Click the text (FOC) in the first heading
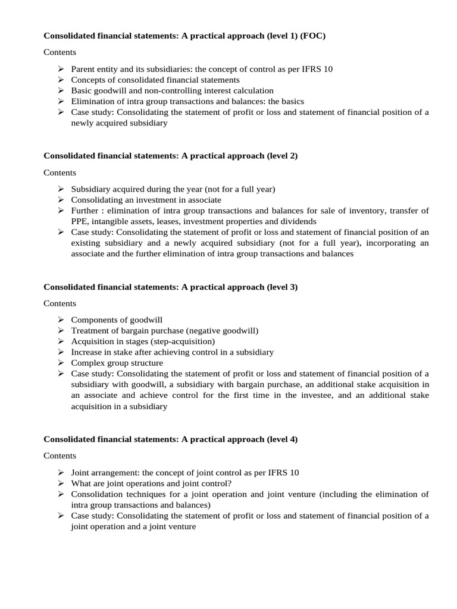pyautogui.click(x=313, y=36)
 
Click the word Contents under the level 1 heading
pyautogui.click(x=60, y=52)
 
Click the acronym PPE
pyautogui.click(x=80, y=221)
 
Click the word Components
pyautogui.click(x=93, y=320)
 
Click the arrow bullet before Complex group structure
pyautogui.click(x=61, y=363)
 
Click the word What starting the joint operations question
pyautogui.click(x=82, y=483)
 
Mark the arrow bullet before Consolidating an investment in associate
pyautogui.click(x=61, y=200)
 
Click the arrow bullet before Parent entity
pyautogui.click(x=61, y=69)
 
